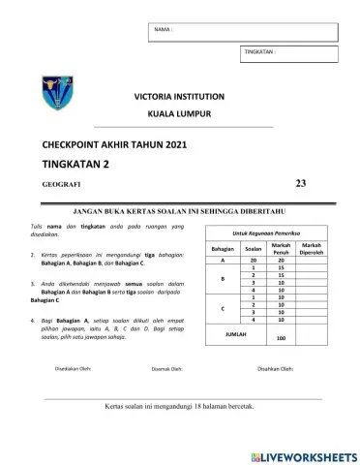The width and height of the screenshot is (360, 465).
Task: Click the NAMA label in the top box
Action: (163, 29)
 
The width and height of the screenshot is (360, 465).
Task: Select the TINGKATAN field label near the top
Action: (261, 49)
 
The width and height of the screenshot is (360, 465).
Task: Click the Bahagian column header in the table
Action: (223, 250)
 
